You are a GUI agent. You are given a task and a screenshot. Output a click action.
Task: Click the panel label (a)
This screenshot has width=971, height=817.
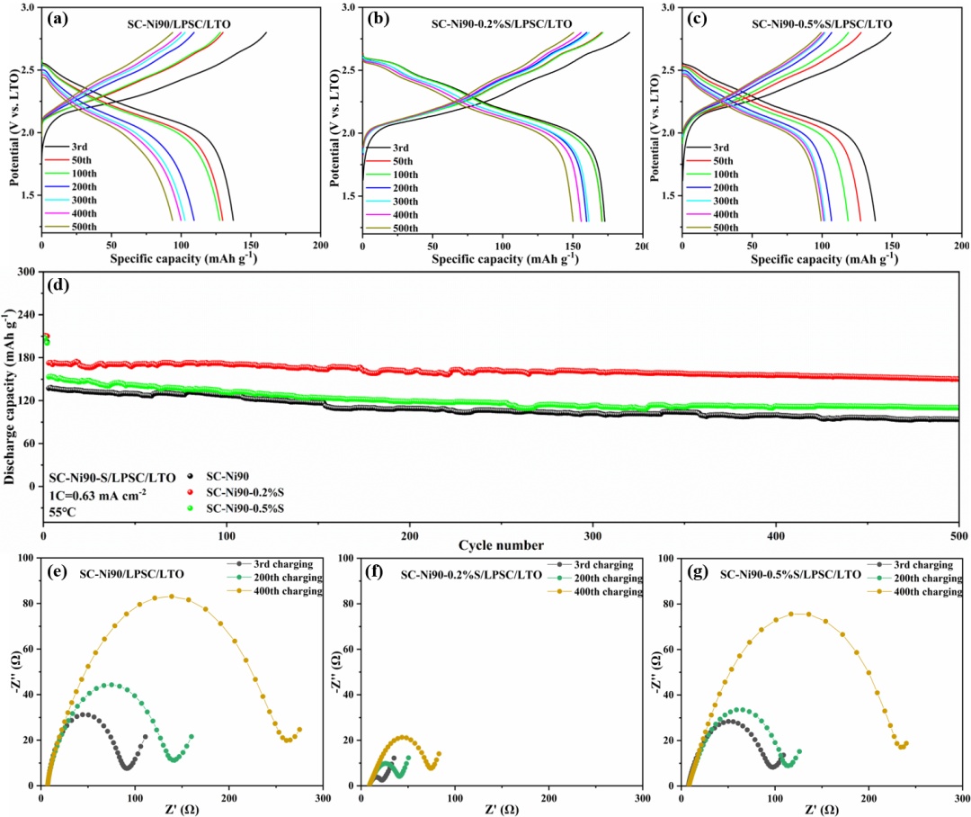tap(62, 17)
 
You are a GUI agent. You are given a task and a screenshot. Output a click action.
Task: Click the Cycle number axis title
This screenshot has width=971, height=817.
tap(502, 545)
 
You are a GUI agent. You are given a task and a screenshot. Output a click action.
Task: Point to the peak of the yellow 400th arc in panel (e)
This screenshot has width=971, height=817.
tap(170, 596)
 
